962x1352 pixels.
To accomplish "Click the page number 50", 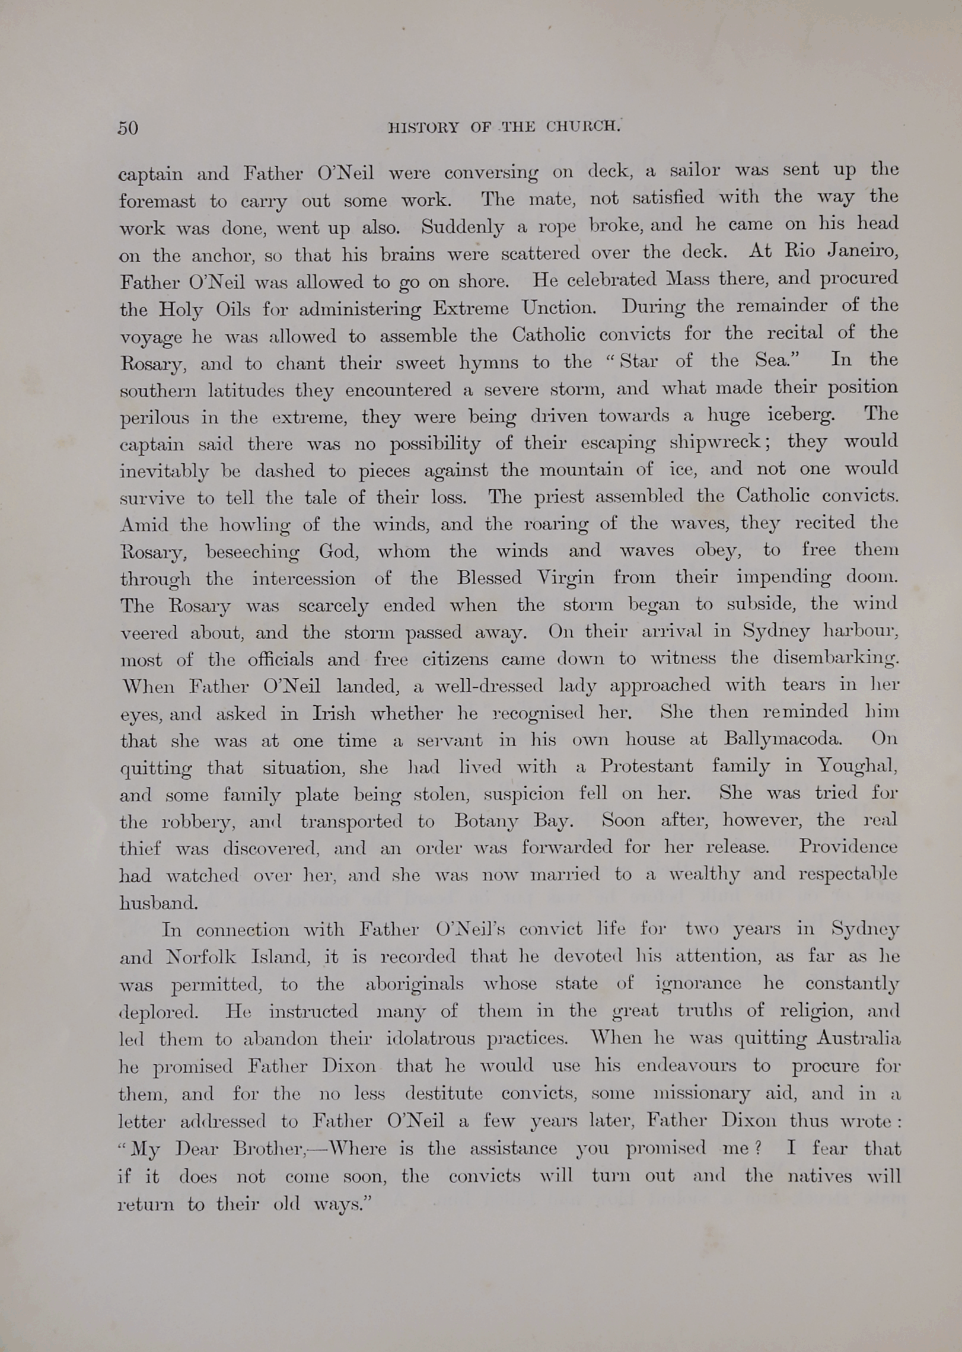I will [x=128, y=128].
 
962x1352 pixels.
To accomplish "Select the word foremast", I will [x=157, y=201].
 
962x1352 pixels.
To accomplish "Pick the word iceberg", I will [x=801, y=414].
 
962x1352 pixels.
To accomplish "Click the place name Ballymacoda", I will [x=782, y=739].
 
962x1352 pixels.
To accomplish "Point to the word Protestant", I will [x=646, y=766].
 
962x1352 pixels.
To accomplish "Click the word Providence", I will [x=848, y=846].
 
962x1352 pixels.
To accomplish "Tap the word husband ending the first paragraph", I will [x=158, y=903].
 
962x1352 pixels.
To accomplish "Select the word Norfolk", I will [x=201, y=957].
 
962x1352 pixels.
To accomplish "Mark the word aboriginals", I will [x=414, y=984].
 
